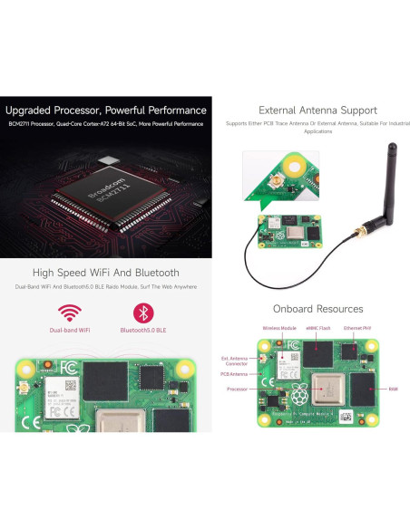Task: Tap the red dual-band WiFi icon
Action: pyautogui.click(x=70, y=313)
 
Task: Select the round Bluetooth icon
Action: pyautogui.click(x=143, y=313)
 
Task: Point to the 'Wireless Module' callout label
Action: pyautogui.click(x=279, y=328)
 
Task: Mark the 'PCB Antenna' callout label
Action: pyautogui.click(x=233, y=373)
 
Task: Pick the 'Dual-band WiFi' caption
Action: pyautogui.click(x=70, y=331)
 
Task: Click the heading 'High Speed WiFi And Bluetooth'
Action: pyautogui.click(x=105, y=272)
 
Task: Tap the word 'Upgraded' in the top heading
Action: pyautogui.click(x=30, y=111)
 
